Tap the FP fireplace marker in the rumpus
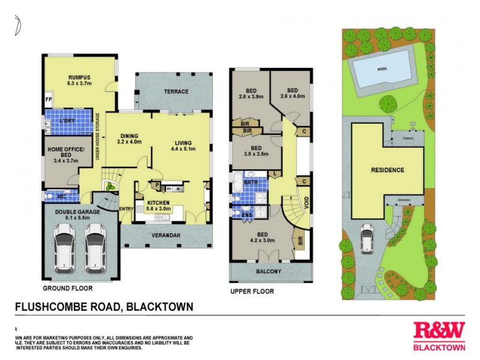coord(48,100)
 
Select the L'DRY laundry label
coord(67,121)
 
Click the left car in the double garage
coord(67,247)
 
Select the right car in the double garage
coord(95,247)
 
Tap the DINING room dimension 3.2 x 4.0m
coord(129,142)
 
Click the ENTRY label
coord(127,209)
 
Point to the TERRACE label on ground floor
coord(176,92)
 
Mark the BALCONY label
coord(271,272)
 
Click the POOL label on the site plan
coord(382,69)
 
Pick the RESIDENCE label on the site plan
coord(386,170)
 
